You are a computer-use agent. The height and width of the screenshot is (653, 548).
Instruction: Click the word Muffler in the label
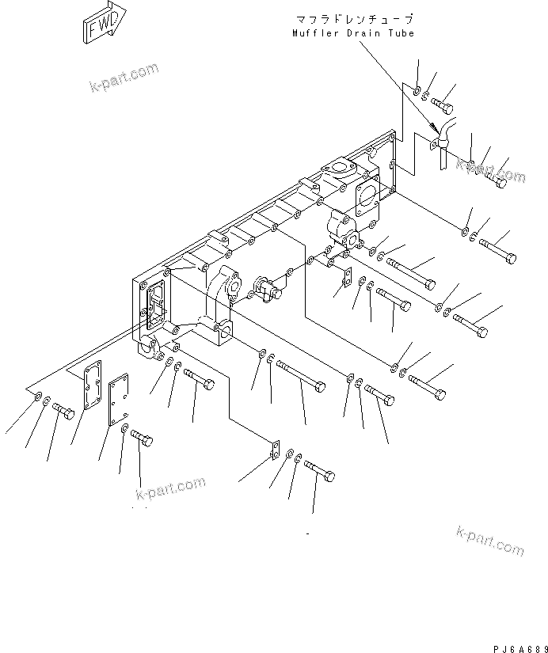tap(314, 33)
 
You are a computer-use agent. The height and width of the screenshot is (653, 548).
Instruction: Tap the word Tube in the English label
tap(400, 33)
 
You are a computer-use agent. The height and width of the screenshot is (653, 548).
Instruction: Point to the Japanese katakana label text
tap(353, 19)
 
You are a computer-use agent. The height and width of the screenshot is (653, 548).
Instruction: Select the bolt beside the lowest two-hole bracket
tap(318, 473)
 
